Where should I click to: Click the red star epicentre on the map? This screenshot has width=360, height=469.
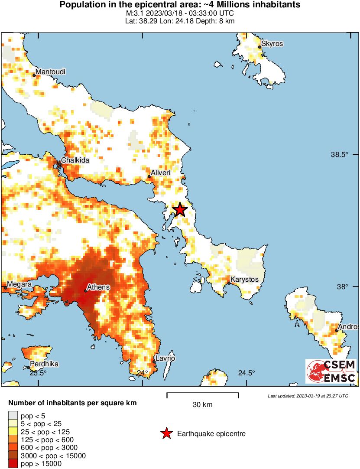[180, 210]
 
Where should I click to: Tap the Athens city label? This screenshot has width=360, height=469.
[98, 287]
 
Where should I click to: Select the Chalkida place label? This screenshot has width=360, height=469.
[75, 160]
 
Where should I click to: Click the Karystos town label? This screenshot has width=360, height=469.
[244, 280]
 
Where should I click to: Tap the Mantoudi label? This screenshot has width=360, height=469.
[51, 72]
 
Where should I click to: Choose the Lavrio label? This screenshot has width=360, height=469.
[166, 358]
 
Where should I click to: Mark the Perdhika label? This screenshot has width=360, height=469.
[44, 364]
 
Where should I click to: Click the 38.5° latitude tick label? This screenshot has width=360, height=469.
[340, 155]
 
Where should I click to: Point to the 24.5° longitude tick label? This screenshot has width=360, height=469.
[246, 373]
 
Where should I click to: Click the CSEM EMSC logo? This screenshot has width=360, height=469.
[331, 371]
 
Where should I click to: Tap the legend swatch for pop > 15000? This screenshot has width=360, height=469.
[13, 463]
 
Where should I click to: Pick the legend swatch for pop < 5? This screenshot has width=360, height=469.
[13, 416]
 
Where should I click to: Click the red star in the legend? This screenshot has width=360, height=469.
[166, 433]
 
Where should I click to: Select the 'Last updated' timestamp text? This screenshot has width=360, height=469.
[308, 396]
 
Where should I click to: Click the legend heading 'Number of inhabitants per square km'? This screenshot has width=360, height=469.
[72, 403]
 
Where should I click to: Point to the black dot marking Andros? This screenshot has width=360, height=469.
[336, 330]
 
